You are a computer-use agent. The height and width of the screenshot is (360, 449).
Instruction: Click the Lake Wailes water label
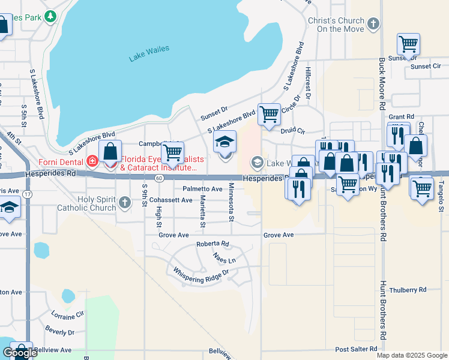[149, 53]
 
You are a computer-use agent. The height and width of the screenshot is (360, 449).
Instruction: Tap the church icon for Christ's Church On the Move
[373, 24]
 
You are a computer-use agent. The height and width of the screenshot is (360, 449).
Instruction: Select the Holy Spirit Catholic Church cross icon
[124, 202]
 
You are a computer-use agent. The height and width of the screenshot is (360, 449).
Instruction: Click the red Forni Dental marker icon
[92, 161]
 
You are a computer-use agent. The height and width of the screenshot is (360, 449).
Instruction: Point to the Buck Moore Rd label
[382, 84]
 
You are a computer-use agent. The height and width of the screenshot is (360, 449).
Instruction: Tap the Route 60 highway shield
[158, 178]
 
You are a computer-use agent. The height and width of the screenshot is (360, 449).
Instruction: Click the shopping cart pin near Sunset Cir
[408, 44]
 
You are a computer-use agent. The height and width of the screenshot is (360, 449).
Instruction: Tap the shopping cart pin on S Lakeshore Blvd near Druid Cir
[269, 113]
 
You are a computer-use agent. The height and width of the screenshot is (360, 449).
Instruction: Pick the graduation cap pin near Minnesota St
[225, 143]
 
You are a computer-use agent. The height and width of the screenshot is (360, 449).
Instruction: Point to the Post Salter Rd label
[355, 349]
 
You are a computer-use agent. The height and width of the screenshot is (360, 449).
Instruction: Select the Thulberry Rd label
[408, 289]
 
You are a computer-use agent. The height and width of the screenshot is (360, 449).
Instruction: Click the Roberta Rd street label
[212, 244]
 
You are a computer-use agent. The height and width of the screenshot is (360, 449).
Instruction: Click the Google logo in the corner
[20, 353]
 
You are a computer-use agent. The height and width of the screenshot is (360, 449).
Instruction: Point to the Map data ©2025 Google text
[411, 355]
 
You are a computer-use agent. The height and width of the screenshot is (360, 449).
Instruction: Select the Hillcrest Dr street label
[307, 82]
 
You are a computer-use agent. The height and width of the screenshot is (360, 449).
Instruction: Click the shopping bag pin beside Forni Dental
[110, 151]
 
